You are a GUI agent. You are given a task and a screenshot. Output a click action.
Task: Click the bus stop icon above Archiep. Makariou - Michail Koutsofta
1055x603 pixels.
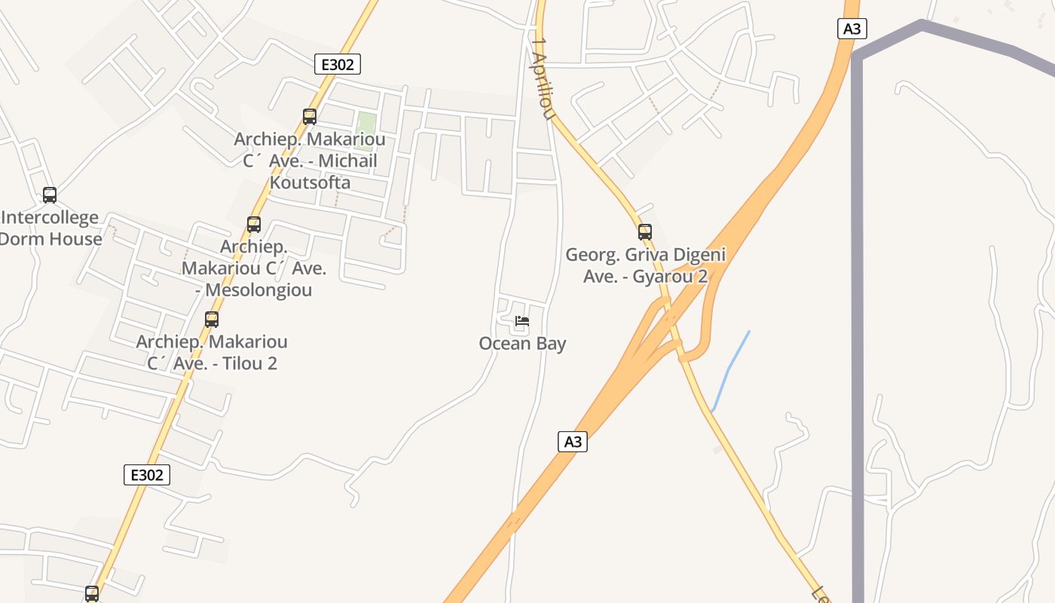click(x=310, y=117)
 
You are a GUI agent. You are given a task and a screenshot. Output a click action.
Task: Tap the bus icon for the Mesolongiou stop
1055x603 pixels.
click(x=254, y=225)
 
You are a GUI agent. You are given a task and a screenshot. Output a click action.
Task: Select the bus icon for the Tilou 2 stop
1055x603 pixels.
click(x=212, y=320)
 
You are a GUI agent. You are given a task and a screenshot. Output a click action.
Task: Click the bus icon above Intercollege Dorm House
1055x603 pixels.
click(x=50, y=195)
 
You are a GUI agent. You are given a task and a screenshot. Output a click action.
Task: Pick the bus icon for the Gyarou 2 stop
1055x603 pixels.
click(x=645, y=232)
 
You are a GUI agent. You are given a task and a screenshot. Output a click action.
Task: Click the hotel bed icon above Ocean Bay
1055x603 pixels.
click(x=521, y=322)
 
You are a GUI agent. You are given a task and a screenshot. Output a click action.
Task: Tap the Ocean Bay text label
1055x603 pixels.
click(x=522, y=344)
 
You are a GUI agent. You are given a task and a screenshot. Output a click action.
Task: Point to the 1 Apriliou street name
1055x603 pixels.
click(x=543, y=78)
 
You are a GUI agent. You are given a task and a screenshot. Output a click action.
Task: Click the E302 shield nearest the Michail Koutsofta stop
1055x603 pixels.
click(x=338, y=64)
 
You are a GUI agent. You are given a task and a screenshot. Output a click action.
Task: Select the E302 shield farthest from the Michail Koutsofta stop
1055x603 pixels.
click(x=147, y=475)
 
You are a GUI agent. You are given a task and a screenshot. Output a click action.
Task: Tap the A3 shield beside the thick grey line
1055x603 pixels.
click(x=852, y=29)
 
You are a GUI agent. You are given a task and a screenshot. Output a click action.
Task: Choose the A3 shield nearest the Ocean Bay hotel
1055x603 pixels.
click(x=573, y=442)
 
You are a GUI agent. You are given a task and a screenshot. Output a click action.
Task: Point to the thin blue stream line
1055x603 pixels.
click(x=729, y=369)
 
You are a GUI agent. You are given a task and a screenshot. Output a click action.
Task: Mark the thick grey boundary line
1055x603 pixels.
click(x=858, y=301)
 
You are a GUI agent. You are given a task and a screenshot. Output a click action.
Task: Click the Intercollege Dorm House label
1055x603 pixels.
click(x=50, y=228)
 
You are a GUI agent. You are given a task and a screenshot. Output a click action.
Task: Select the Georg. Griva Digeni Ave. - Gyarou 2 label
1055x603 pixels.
click(x=646, y=265)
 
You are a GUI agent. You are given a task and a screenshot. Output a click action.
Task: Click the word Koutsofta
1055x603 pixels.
click(x=310, y=182)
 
